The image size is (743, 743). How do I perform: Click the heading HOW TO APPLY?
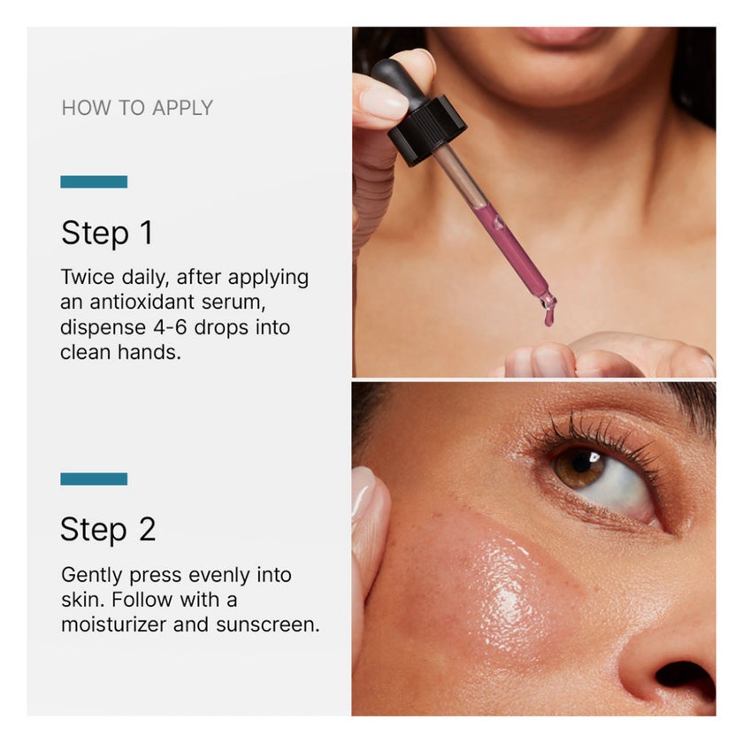coord(137,108)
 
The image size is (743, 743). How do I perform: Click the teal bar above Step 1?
coord(94,181)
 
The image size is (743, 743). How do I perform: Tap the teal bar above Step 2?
coord(94,479)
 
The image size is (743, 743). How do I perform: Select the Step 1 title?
coord(107,234)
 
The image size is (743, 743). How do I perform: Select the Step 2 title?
coord(108,530)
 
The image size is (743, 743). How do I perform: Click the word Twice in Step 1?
coord(88,277)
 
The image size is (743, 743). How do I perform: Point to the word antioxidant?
coord(142,302)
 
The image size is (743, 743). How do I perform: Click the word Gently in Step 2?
coord(92,576)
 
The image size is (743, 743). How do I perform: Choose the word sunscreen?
coord(268,624)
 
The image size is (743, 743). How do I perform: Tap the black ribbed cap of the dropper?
coord(427,130)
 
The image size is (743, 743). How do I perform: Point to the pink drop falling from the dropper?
coord(548,317)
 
